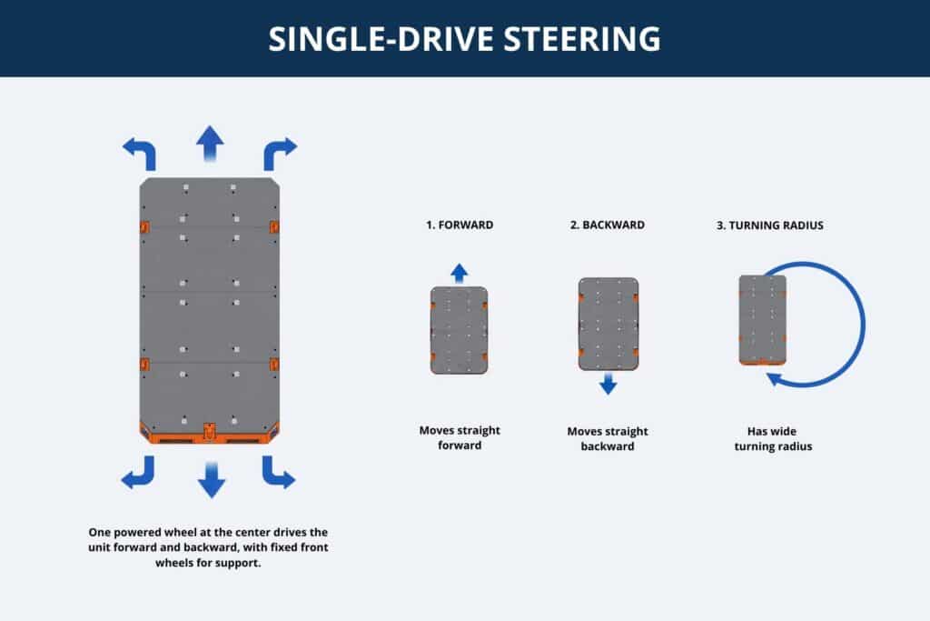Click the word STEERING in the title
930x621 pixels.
(x=582, y=39)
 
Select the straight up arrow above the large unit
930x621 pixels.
(x=210, y=143)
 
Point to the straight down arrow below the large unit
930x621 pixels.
(x=211, y=480)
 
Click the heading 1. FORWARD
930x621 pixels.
(x=460, y=225)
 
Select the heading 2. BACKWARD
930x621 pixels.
(x=608, y=225)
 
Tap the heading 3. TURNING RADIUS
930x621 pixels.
(x=770, y=225)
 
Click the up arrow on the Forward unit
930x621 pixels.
(x=459, y=273)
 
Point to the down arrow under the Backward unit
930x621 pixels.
(x=608, y=384)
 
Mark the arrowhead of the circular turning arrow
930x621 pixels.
(x=774, y=378)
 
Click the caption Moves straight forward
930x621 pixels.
(x=460, y=437)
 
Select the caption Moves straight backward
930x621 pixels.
(x=608, y=439)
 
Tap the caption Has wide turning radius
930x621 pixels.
(x=773, y=439)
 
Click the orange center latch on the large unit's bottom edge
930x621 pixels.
(x=210, y=432)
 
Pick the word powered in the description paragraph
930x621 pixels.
(x=139, y=533)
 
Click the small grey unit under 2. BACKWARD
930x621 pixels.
(x=608, y=325)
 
